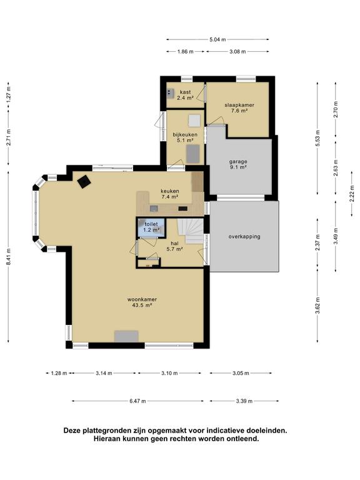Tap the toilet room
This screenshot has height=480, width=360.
coord(151,227)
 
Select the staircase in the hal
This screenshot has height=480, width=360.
coord(191,231)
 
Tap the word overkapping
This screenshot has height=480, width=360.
coord(244,236)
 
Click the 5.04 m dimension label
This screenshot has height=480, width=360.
coord(217,39)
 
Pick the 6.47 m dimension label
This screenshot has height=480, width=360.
coord(137,401)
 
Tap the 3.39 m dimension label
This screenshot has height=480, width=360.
coord(244,401)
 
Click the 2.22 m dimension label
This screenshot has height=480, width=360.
coord(352,194)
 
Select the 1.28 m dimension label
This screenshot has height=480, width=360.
coord(59,373)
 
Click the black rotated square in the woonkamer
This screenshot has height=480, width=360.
coord(84,182)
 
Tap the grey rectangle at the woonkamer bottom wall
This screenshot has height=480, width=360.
coord(126,336)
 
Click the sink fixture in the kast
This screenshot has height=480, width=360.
coord(170,92)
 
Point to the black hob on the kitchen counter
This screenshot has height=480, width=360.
coord(183,209)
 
